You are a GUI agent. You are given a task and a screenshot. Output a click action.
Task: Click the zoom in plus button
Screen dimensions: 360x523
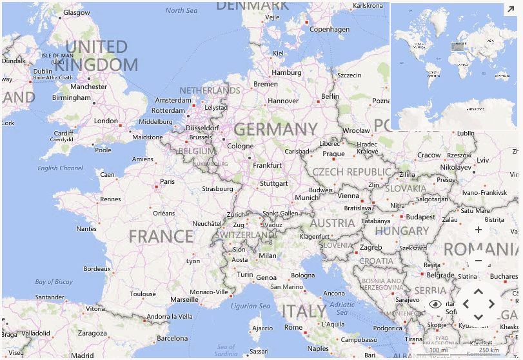(478, 230)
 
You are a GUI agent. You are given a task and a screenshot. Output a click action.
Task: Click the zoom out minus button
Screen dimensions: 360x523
(478, 261)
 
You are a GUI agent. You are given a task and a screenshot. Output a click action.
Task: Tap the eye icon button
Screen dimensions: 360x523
(435, 304)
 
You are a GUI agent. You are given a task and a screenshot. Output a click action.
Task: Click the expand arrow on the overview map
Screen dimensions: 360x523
(509, 10)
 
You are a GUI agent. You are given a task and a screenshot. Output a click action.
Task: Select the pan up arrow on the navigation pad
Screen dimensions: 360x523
(479, 292)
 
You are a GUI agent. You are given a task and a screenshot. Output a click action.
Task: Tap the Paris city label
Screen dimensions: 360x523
(167, 181)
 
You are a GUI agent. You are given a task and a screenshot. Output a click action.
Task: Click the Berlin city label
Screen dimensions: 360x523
(330, 96)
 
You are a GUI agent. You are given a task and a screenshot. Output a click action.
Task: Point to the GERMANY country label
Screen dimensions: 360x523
(275, 130)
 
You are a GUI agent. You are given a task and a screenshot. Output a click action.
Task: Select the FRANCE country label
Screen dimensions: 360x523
(161, 236)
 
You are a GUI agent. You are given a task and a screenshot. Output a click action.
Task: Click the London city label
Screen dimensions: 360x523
(106, 121)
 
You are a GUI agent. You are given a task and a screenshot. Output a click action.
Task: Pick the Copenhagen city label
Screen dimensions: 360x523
(330, 29)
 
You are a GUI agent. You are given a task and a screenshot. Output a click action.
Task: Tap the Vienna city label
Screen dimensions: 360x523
(348, 195)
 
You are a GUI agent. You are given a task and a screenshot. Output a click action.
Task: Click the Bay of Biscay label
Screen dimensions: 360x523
(54, 282)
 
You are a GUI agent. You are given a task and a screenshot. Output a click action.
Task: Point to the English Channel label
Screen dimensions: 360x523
(60, 168)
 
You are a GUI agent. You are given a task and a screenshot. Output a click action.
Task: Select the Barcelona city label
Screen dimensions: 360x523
(172, 338)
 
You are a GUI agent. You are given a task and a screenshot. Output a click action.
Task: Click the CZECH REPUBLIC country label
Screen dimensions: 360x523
(351, 172)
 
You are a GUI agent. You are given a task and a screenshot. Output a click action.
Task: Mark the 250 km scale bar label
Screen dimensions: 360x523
(489, 350)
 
